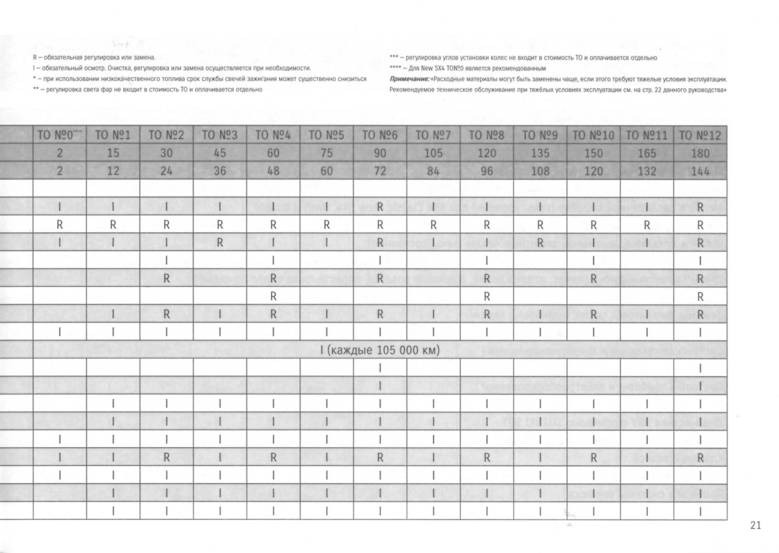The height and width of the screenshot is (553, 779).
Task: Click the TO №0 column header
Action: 60,135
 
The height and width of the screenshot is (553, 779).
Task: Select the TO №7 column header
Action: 433,135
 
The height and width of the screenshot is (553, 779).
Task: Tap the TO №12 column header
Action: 700,135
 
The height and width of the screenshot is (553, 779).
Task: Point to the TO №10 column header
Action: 593,135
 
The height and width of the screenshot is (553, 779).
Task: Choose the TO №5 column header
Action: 326,135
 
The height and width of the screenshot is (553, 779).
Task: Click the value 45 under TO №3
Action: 220,153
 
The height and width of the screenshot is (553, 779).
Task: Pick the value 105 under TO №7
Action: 433,153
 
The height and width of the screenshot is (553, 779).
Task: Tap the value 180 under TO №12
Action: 700,153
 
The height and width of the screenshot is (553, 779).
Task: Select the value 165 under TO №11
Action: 647,153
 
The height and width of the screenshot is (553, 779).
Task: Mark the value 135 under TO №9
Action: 540,153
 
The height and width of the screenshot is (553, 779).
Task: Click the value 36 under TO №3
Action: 220,171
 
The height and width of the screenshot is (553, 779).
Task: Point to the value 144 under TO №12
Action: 700,171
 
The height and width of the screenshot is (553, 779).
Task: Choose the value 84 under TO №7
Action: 433,171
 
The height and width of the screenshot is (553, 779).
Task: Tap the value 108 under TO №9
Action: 540,171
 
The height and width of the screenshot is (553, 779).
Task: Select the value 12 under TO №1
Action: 113,171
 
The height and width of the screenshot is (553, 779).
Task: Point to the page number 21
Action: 755,525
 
